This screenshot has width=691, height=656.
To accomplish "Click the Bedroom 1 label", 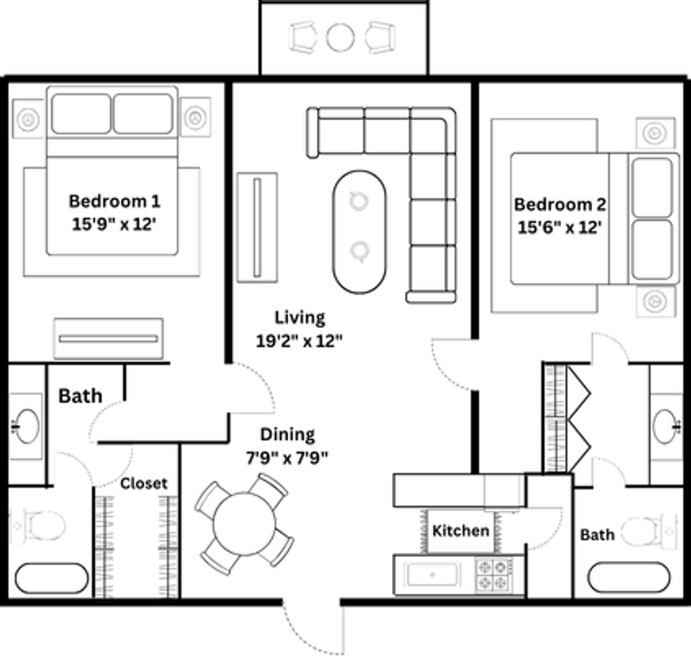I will coord(115,202).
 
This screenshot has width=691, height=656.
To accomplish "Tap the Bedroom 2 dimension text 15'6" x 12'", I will coord(559,227).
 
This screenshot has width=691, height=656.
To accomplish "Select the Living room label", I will coord(300,318).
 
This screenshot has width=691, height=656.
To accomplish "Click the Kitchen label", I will coord(461,531).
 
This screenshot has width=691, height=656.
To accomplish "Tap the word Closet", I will coord(143,483).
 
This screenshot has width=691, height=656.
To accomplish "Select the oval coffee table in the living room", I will coord(358,232).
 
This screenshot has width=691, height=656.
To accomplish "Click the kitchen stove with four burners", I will coord(494,575).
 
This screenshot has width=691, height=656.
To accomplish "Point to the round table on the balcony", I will coord(340,37).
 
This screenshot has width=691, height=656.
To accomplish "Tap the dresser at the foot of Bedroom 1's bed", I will coord(109,338).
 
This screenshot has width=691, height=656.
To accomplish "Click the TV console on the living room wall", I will coord(257,227).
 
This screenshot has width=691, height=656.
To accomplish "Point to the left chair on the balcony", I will coord(303,37).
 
